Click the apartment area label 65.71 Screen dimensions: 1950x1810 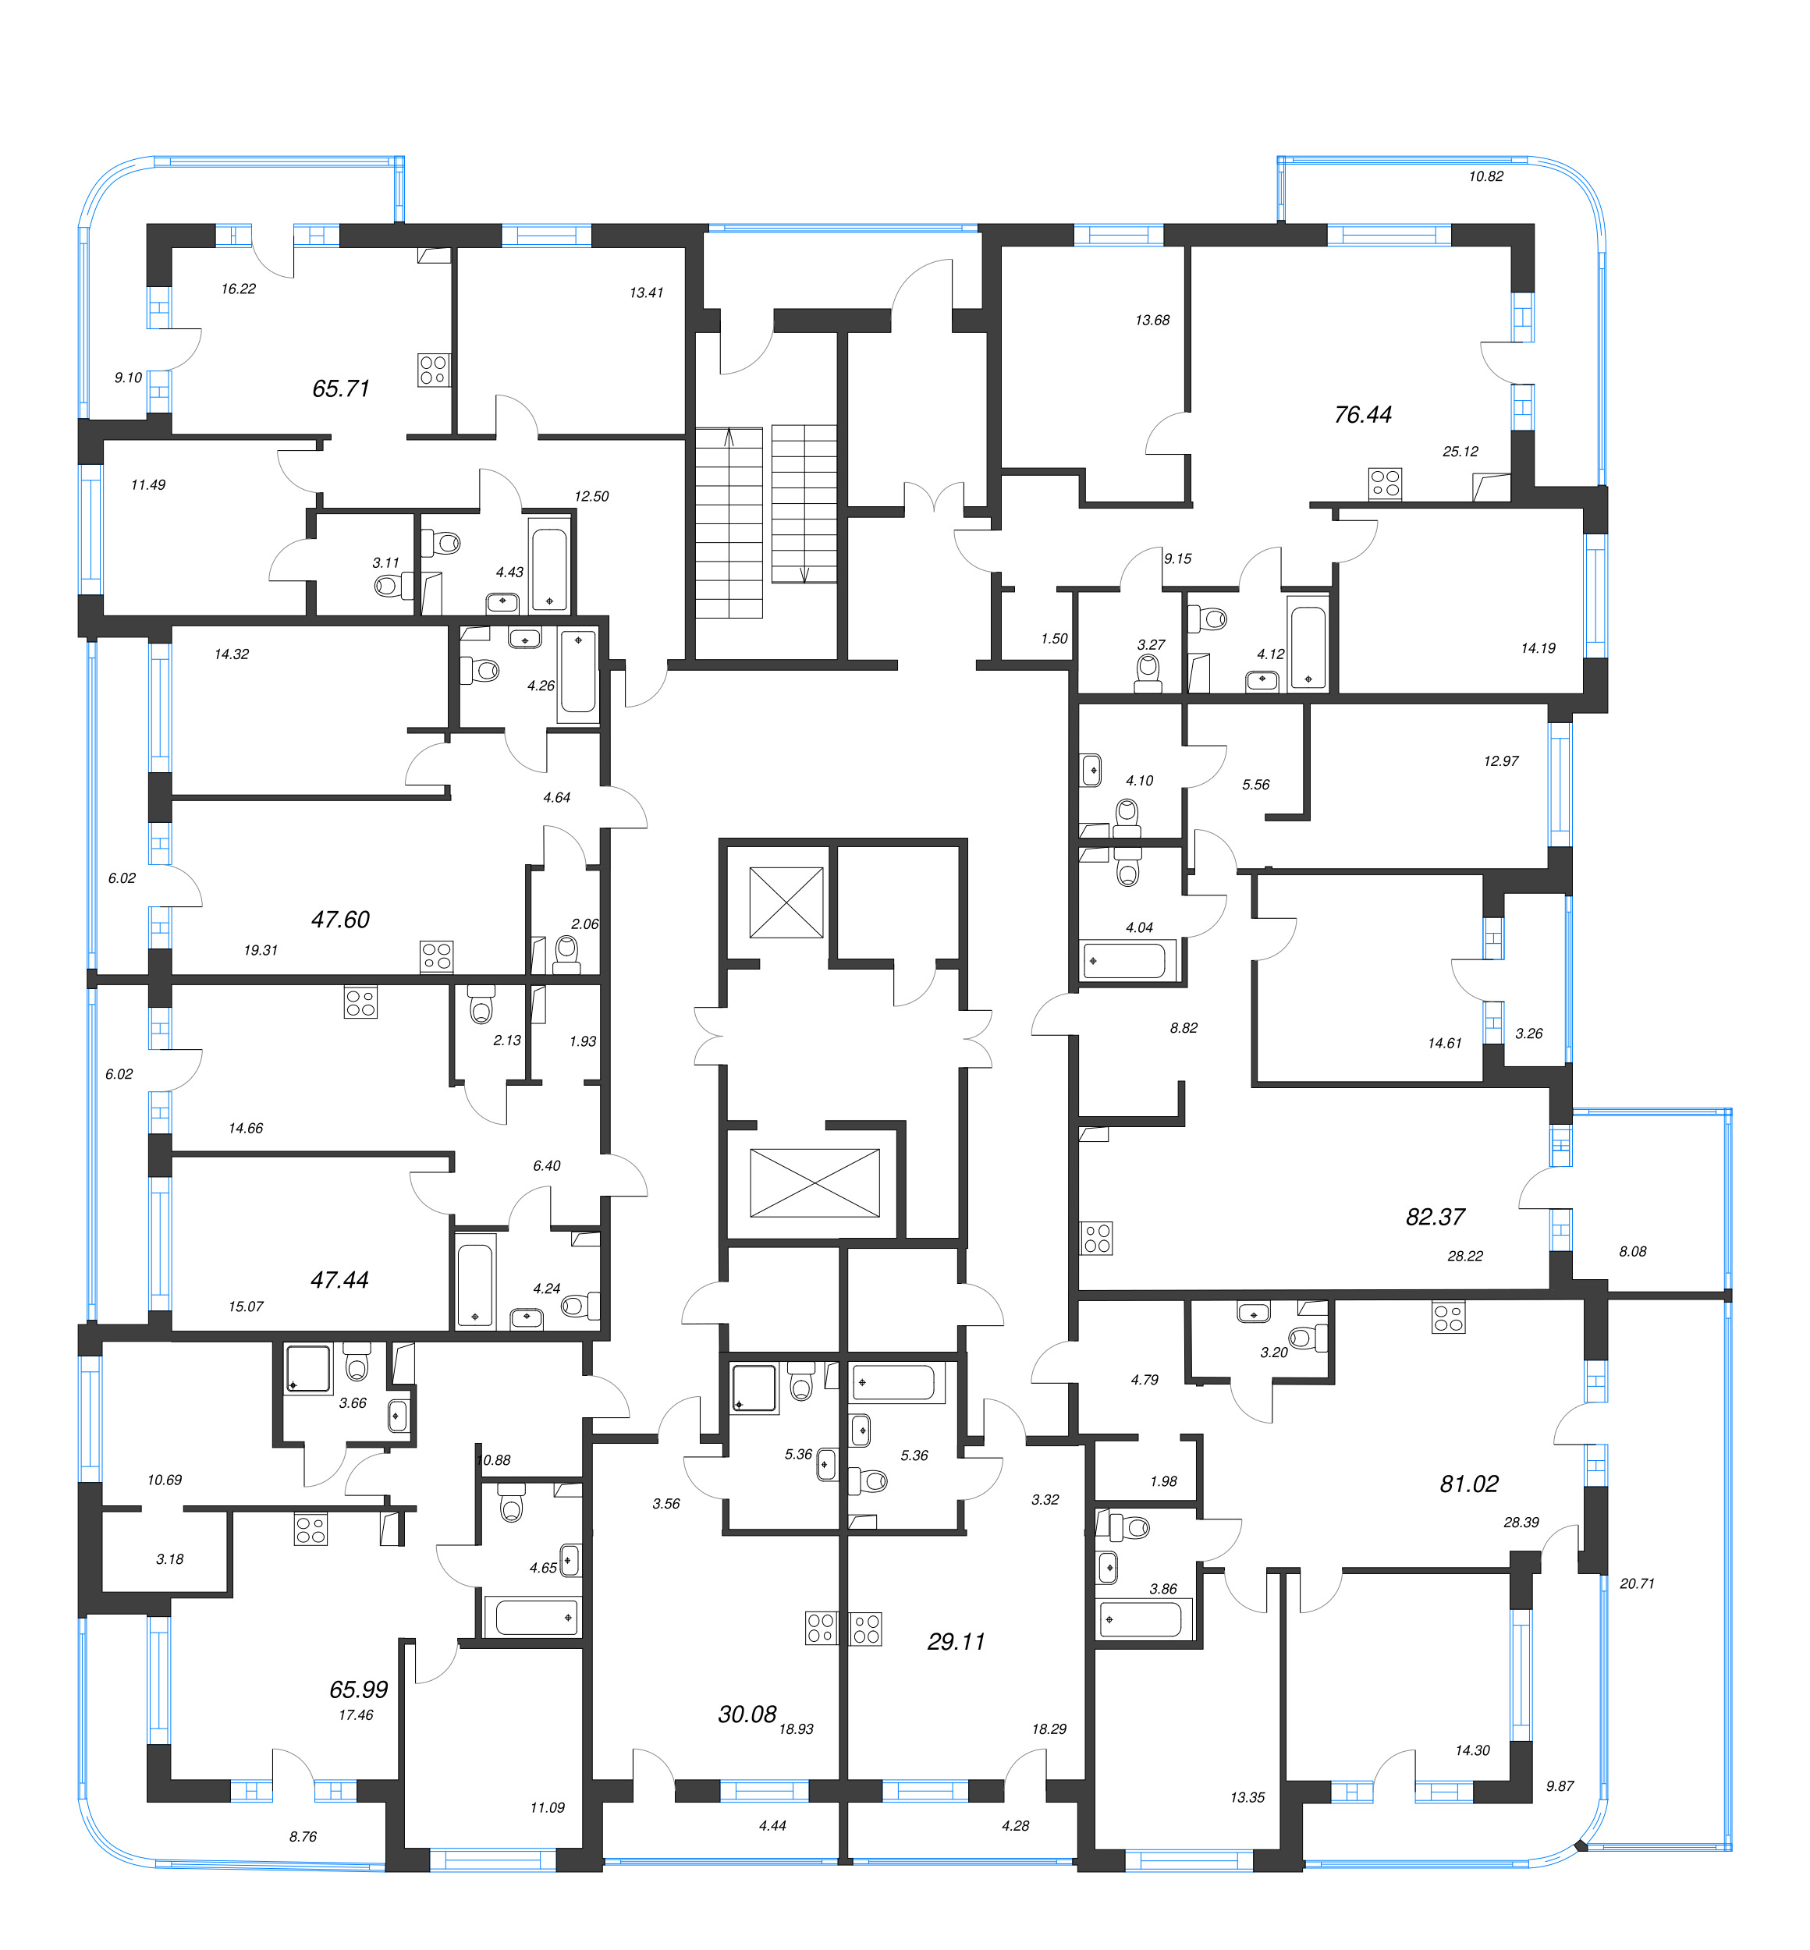click(341, 388)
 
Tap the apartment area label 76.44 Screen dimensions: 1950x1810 click(1362, 415)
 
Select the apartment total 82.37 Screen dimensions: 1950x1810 click(1435, 1218)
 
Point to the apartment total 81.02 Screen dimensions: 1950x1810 click(1468, 1484)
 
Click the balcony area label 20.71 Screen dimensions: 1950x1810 click(1637, 1583)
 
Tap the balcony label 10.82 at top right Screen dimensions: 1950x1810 click(1485, 177)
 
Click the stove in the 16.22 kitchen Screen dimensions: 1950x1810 click(433, 370)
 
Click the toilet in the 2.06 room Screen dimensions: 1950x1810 click(566, 951)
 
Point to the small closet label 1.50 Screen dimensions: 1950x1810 click(1054, 639)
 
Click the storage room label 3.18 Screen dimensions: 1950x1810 click(169, 1559)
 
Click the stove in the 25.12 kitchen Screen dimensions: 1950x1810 click(1385, 484)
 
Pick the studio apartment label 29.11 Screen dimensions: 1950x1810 click(956, 1641)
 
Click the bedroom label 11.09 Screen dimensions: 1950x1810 click(547, 1808)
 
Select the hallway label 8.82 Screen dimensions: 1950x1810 click(1184, 1028)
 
